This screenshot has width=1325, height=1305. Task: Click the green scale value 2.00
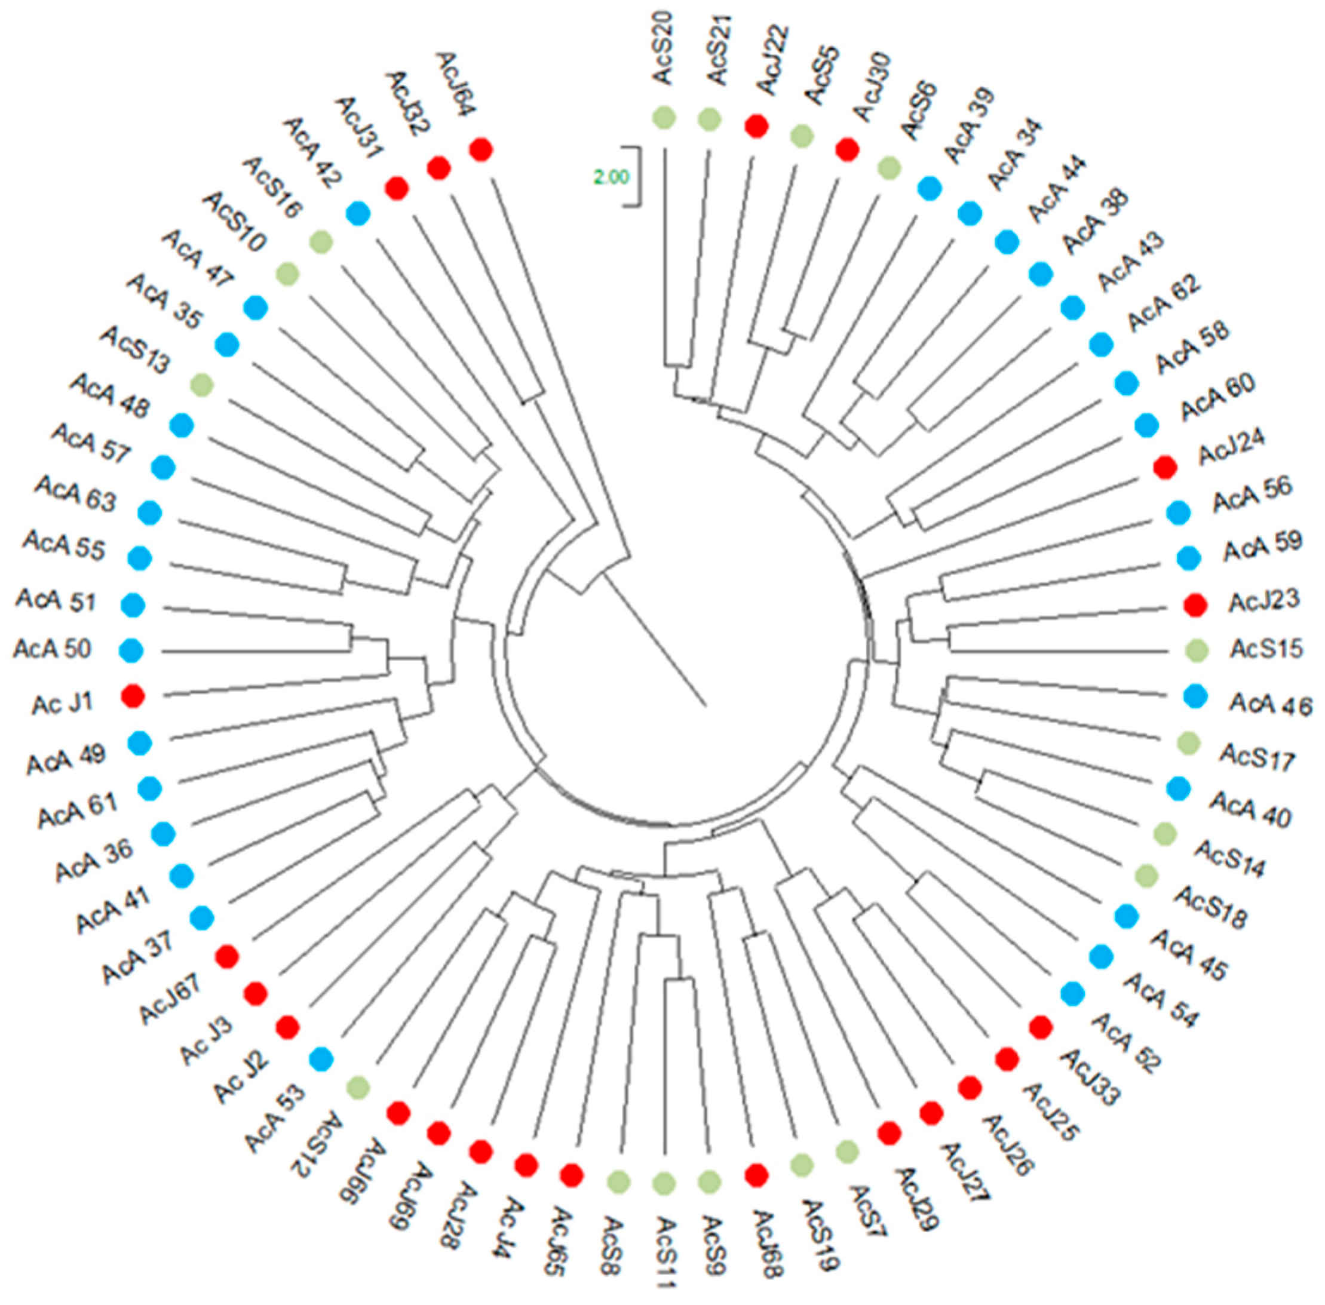click(x=610, y=177)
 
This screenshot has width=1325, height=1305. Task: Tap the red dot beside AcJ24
click(x=1165, y=468)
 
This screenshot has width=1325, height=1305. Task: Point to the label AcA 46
click(x=1269, y=704)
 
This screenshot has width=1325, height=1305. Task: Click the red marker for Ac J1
click(x=132, y=696)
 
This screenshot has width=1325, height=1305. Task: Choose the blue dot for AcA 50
click(x=131, y=650)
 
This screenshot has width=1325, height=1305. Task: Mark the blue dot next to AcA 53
click(x=321, y=1060)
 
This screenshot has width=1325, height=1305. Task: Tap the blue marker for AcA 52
click(x=1072, y=993)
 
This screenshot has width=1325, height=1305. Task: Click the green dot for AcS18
click(x=1146, y=875)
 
